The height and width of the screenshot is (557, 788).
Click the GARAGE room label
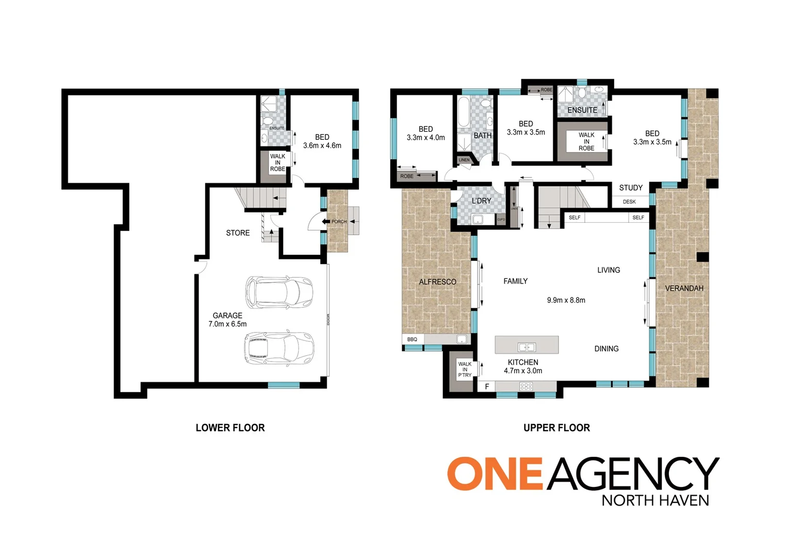(227, 316)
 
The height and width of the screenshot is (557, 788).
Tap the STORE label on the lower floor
(238, 233)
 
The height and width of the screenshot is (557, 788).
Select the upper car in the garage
(279, 292)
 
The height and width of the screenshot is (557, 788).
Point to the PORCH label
(339, 222)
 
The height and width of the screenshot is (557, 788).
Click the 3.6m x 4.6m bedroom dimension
(322, 145)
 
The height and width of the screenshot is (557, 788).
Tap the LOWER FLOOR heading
(230, 428)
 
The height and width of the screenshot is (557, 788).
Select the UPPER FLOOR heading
(556, 428)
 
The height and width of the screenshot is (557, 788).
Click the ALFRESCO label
(437, 282)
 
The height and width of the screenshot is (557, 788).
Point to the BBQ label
(412, 339)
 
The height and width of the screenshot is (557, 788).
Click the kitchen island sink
(527, 347)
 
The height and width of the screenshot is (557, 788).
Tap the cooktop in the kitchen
(526, 386)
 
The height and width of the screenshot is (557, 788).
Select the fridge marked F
(487, 386)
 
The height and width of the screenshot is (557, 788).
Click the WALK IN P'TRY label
(465, 369)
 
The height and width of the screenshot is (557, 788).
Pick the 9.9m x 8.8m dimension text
(566, 300)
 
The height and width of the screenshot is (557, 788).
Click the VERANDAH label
(684, 288)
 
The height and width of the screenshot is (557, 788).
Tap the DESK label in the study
(629, 202)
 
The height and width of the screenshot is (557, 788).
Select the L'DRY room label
(481, 201)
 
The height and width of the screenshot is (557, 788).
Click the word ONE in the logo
(495, 473)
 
